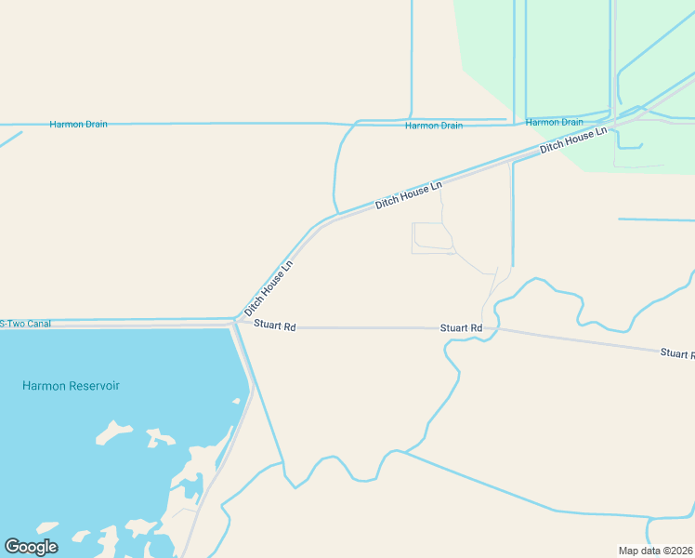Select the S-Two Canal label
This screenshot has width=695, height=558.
(x=26, y=324)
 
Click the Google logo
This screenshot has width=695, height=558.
(x=31, y=547)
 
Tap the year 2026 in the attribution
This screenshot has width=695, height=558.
(x=680, y=550)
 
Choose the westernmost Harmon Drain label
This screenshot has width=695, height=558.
(x=78, y=124)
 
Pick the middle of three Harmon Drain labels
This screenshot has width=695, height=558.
(x=433, y=126)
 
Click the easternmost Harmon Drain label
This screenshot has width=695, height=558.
(x=554, y=122)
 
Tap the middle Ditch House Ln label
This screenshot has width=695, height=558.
(x=408, y=195)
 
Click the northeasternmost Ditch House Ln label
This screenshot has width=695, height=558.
(x=573, y=140)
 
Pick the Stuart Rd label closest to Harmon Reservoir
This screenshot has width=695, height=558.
(x=274, y=327)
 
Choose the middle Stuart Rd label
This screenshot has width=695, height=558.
(x=461, y=328)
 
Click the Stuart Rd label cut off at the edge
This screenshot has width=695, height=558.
(x=677, y=353)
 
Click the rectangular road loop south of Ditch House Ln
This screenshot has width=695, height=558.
(x=432, y=238)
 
